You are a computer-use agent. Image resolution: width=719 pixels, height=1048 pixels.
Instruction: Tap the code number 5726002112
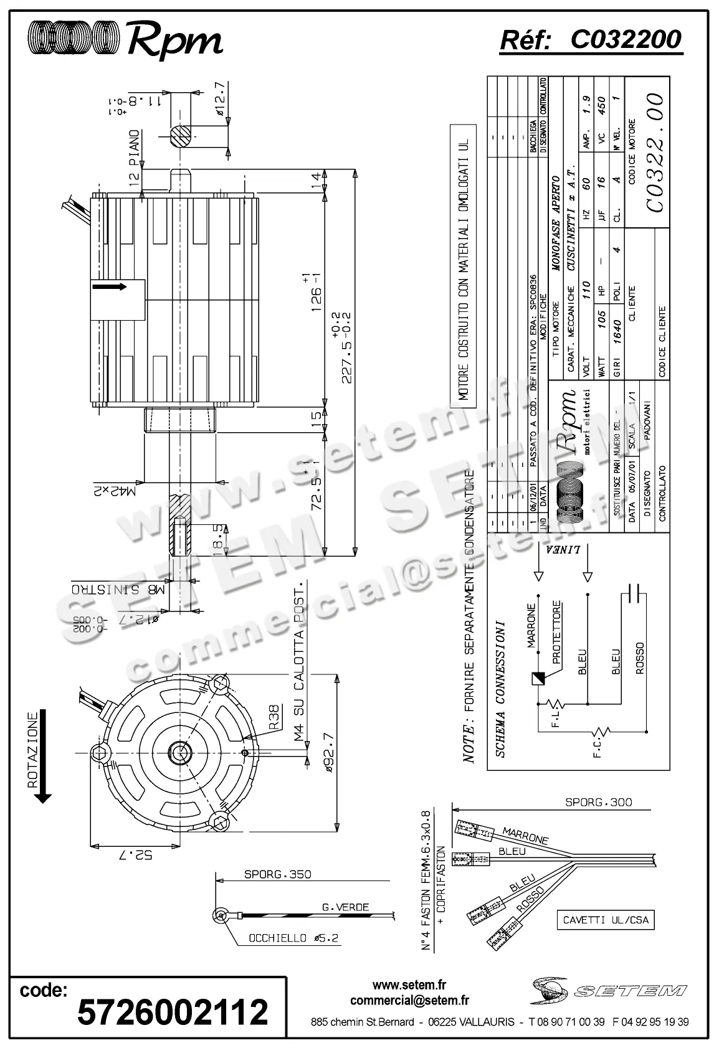click(173, 1011)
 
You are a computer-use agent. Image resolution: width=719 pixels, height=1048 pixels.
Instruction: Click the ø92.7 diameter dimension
click(329, 753)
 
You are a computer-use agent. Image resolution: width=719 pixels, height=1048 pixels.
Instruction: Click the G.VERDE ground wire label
click(345, 907)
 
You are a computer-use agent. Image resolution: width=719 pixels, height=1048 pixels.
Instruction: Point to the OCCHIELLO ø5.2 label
click(293, 938)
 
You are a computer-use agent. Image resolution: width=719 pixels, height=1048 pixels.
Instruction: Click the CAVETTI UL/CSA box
click(605, 920)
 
